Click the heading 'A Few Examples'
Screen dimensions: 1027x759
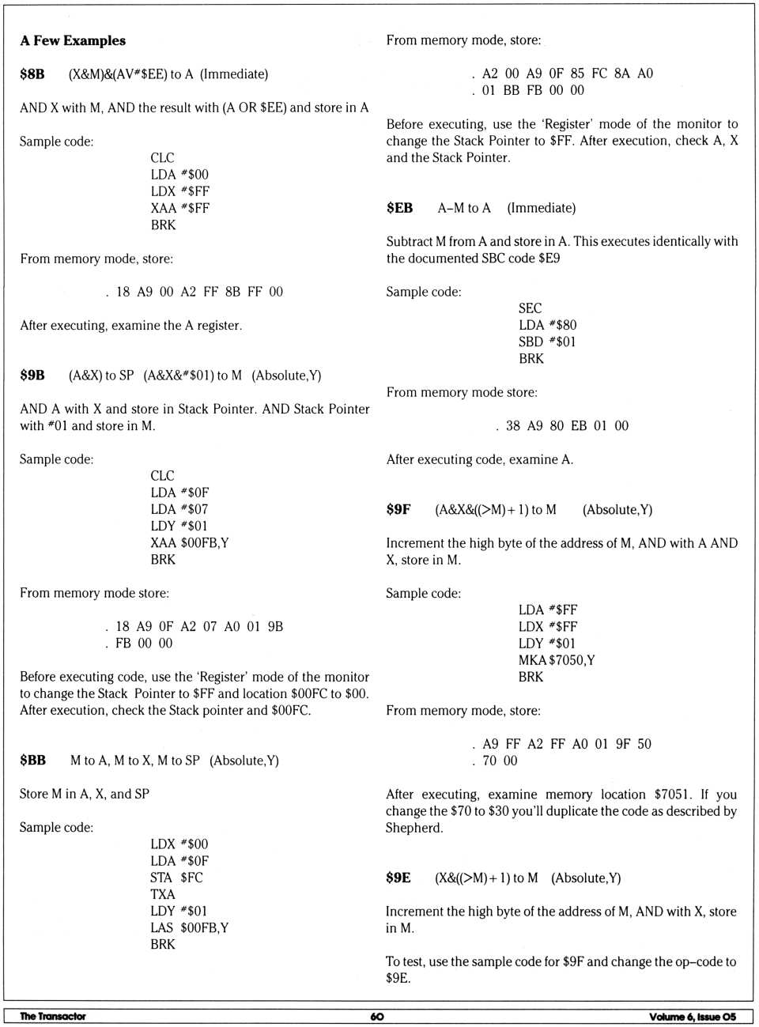click(x=73, y=40)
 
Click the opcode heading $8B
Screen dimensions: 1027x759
click(x=32, y=74)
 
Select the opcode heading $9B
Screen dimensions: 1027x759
click(x=32, y=376)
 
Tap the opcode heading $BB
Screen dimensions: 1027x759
click(x=32, y=761)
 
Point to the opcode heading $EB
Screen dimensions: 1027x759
click(x=399, y=208)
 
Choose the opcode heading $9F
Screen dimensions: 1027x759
click(x=398, y=510)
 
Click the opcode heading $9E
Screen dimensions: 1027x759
click(x=398, y=878)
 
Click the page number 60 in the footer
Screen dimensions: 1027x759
click(x=377, y=1017)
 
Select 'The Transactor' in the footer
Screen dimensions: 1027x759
click(x=53, y=1017)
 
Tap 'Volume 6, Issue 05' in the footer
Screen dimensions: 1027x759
click(x=693, y=1017)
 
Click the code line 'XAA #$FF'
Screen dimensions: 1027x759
click(x=179, y=209)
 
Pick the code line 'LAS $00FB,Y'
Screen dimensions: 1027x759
click(x=189, y=928)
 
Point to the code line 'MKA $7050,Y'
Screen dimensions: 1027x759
click(x=557, y=660)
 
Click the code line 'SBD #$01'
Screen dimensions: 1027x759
click(x=547, y=342)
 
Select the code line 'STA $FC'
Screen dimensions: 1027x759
click(x=176, y=878)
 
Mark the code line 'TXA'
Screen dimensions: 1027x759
click(x=163, y=894)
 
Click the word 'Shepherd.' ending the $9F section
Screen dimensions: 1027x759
click(x=414, y=829)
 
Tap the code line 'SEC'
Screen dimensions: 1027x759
click(x=530, y=308)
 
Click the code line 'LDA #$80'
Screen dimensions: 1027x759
click(x=547, y=325)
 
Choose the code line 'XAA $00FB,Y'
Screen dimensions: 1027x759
click(x=189, y=543)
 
